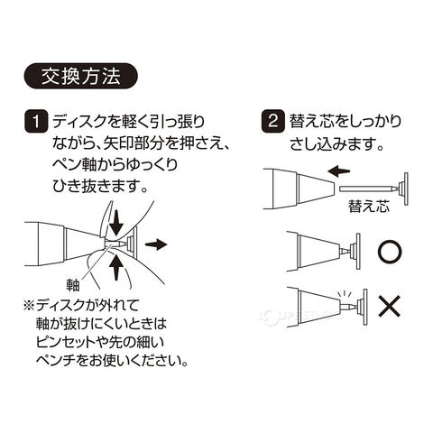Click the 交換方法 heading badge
tap(80, 76)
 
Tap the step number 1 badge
tap(36, 123)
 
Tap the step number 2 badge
tap(273, 122)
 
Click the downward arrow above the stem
tap(115, 222)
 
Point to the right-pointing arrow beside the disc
tap(156, 244)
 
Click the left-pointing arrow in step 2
tap(339, 170)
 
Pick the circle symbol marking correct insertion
tap(390, 252)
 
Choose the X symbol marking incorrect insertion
tap(390, 306)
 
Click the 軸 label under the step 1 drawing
tap(72, 285)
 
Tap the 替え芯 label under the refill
tap(369, 207)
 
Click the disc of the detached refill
tap(406, 189)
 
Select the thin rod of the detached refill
tap(364, 189)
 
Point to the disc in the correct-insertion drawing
tap(358, 251)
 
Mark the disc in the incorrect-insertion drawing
tap(365, 308)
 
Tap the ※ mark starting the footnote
tap(30, 307)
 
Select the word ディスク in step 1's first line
tap(78, 123)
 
